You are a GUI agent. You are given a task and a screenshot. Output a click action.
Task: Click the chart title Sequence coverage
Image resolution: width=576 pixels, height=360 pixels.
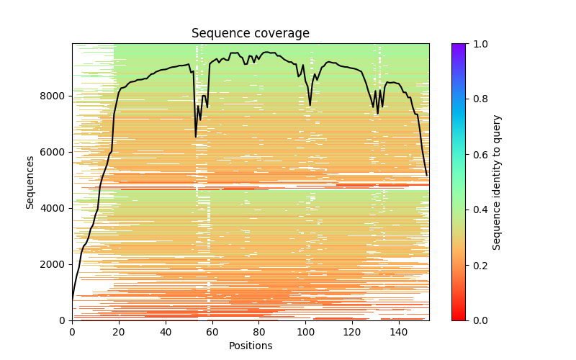click(x=250, y=34)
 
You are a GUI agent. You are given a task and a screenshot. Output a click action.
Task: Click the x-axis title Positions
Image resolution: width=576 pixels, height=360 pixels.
click(x=250, y=346)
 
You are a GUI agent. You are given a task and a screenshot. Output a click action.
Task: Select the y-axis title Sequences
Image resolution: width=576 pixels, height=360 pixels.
click(x=30, y=182)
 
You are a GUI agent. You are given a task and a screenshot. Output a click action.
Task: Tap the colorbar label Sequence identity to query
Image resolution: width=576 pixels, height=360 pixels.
click(x=497, y=182)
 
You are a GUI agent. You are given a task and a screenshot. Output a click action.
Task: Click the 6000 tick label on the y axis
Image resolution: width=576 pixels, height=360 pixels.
click(x=56, y=152)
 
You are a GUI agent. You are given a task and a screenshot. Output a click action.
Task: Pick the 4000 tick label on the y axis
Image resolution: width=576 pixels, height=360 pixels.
click(x=56, y=208)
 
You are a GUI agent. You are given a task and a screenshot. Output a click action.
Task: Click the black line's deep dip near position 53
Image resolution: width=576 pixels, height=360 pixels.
click(x=196, y=136)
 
